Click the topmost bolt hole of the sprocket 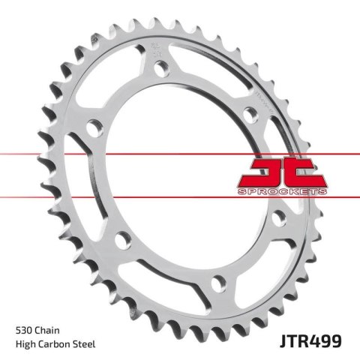coord(159,68)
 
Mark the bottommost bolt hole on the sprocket coord(218,283)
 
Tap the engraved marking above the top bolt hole coord(156,50)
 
